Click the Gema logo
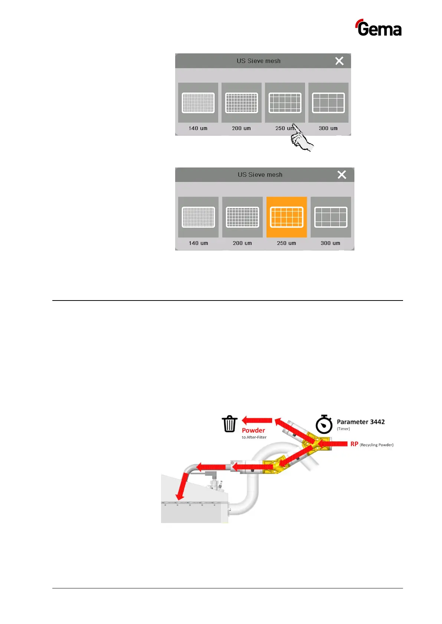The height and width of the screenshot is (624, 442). tap(379, 28)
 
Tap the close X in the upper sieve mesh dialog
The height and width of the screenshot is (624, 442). tap(339, 61)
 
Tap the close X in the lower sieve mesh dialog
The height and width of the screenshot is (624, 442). tap(341, 175)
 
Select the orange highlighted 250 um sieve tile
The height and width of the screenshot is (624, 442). tap(287, 217)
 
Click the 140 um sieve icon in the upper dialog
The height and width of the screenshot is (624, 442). tap(198, 103)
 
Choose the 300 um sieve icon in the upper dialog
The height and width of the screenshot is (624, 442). tap(328, 103)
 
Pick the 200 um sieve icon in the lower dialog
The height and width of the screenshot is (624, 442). tap(242, 217)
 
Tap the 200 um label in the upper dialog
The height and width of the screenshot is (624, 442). tap(241, 128)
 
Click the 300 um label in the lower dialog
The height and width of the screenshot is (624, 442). tap(330, 243)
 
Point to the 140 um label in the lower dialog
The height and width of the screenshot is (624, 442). tap(199, 243)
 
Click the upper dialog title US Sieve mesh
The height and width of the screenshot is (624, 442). tap(259, 61)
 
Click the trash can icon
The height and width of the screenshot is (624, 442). tap(230, 424)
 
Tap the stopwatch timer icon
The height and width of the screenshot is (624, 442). tap(324, 425)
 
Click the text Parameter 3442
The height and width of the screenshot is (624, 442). tap(361, 422)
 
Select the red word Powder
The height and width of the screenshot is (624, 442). tap(253, 431)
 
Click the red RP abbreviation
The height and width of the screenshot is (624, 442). tap(354, 444)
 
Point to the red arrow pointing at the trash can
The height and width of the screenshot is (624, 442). tap(257, 420)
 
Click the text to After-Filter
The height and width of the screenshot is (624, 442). tap(254, 438)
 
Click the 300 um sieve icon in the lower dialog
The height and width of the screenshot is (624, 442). tap(331, 217)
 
